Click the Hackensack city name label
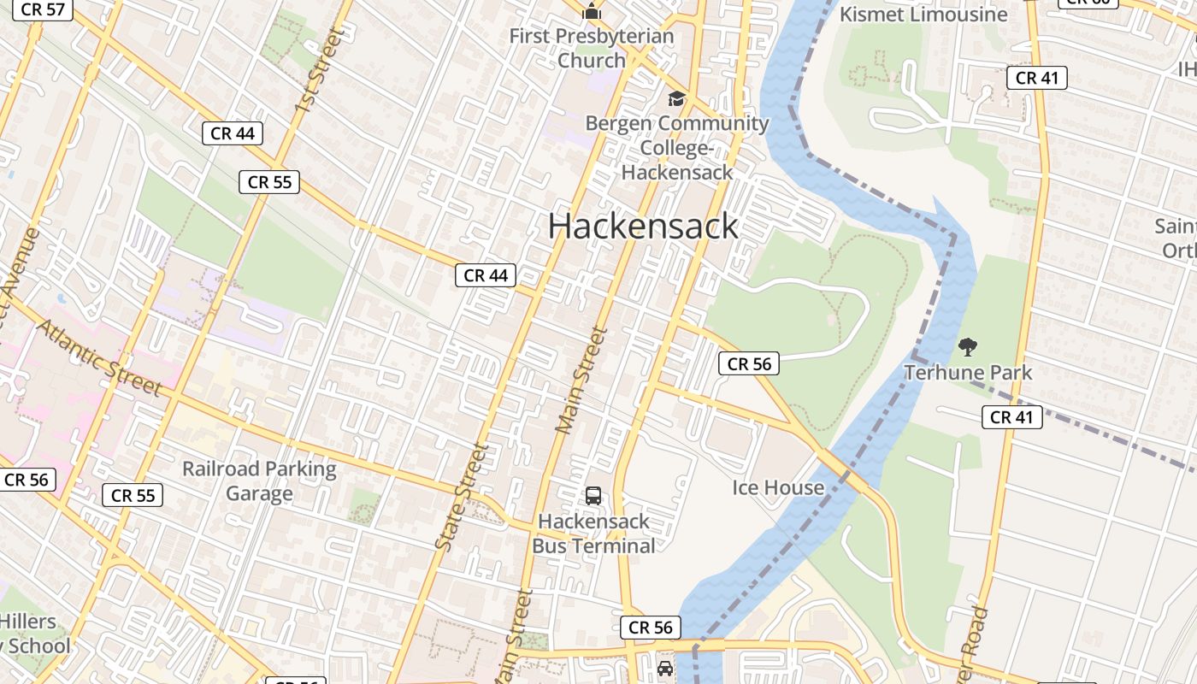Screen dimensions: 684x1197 click(x=643, y=226)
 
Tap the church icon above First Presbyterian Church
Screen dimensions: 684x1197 click(x=592, y=12)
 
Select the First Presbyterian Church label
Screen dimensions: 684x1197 click(x=592, y=49)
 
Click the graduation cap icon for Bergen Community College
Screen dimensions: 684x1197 click(x=676, y=99)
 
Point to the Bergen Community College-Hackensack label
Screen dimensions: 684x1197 click(x=676, y=147)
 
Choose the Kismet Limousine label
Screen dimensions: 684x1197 click(x=923, y=15)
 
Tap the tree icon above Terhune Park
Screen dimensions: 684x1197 click(x=968, y=347)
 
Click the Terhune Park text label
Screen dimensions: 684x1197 click(x=968, y=373)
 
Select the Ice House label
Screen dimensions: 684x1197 click(x=778, y=487)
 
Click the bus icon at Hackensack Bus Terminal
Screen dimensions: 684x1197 click(x=593, y=496)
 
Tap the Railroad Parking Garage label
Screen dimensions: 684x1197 click(x=259, y=481)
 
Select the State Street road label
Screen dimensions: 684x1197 click(x=461, y=496)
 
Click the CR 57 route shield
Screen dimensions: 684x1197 click(x=43, y=9)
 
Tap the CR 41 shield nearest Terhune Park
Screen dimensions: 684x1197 click(x=1011, y=417)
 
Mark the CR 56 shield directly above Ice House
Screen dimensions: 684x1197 click(x=749, y=363)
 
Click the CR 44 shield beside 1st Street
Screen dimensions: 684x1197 click(x=233, y=133)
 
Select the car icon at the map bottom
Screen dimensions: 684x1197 click(x=664, y=668)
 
